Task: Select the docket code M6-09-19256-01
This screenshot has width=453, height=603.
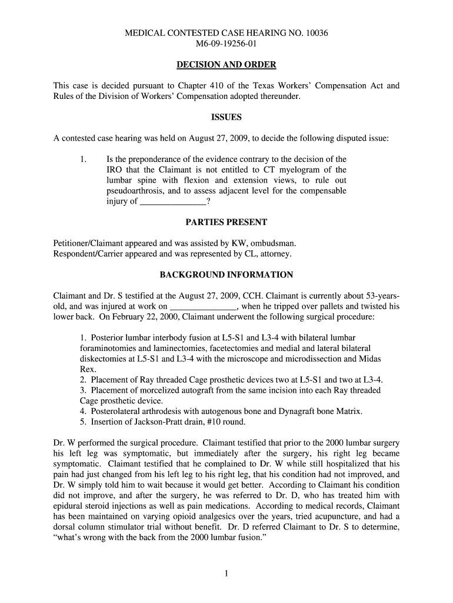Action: tap(226, 44)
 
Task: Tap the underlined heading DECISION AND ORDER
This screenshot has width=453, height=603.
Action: tap(226, 65)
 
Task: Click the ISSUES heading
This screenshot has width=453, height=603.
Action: tap(226, 118)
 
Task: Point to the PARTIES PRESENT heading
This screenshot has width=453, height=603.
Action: tap(226, 222)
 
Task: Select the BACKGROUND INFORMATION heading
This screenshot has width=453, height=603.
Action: tap(226, 275)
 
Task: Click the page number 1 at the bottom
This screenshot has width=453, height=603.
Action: tap(226, 575)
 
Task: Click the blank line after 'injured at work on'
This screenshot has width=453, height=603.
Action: tap(203, 307)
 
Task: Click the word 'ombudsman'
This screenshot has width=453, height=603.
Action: tap(275, 243)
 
